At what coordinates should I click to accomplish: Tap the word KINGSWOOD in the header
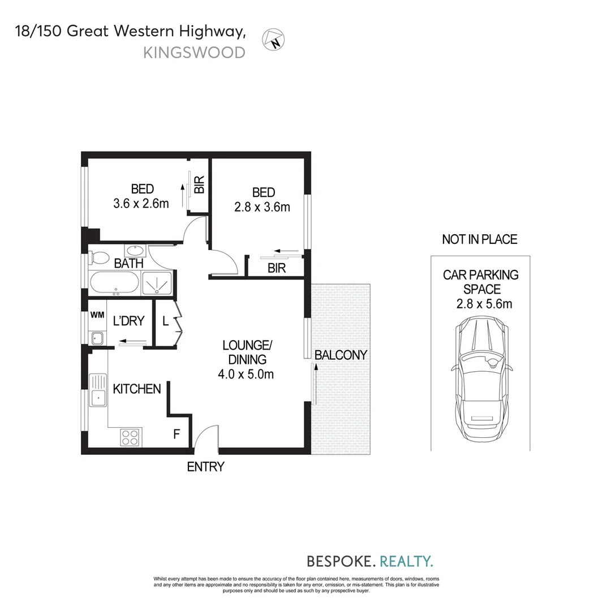tap(194, 53)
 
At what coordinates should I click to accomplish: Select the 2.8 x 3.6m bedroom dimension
tap(262, 207)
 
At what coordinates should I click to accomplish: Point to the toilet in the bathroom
tap(100, 257)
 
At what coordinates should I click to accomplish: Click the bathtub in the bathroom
tap(114, 283)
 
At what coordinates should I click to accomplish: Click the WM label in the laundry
tap(97, 315)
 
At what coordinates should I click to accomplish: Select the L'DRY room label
tap(129, 321)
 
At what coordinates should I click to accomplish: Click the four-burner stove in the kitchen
tap(130, 437)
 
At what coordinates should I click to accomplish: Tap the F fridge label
tap(177, 434)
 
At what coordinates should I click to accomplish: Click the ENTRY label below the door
tap(206, 467)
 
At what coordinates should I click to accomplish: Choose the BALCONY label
tap(341, 355)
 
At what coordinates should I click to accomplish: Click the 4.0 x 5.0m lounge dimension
tap(246, 374)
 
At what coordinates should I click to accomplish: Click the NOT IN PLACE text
tap(480, 239)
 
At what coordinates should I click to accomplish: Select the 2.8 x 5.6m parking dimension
tap(484, 304)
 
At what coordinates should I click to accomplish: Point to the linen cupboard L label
tap(165, 321)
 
